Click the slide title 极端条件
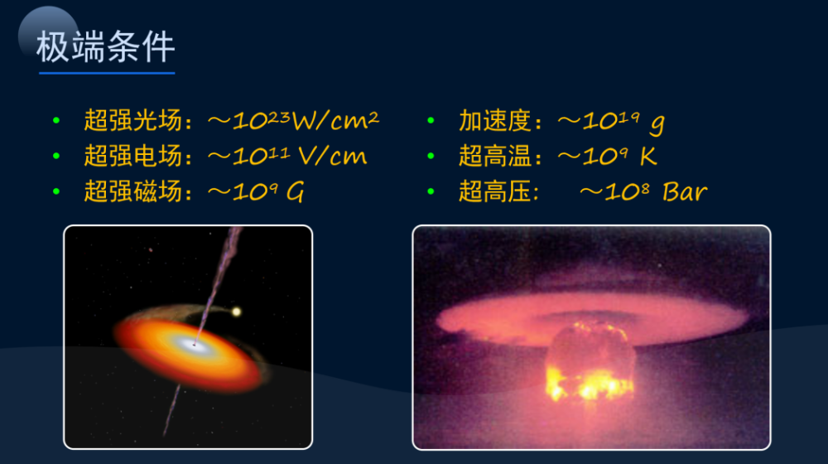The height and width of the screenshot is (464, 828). (106, 46)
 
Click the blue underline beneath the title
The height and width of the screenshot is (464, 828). (107, 73)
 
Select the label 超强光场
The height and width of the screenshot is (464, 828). (133, 120)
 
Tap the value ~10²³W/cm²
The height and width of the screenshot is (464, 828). (293, 120)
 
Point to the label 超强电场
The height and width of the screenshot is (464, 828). (133, 156)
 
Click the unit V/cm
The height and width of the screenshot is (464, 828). (332, 156)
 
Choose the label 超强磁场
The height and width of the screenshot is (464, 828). (133, 191)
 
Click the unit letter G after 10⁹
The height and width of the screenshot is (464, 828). (296, 192)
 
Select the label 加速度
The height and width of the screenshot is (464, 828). (495, 120)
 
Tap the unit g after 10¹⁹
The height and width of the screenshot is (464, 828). (657, 123)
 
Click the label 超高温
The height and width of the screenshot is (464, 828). (495, 156)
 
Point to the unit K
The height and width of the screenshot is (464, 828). (648, 156)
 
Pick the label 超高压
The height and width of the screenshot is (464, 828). (495, 191)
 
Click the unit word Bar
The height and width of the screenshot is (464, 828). (685, 192)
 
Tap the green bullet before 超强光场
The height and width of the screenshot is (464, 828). (56, 120)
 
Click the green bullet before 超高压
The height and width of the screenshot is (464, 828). (431, 191)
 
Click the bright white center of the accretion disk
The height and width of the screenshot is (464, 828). (192, 344)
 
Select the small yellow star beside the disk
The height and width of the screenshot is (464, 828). (237, 312)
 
